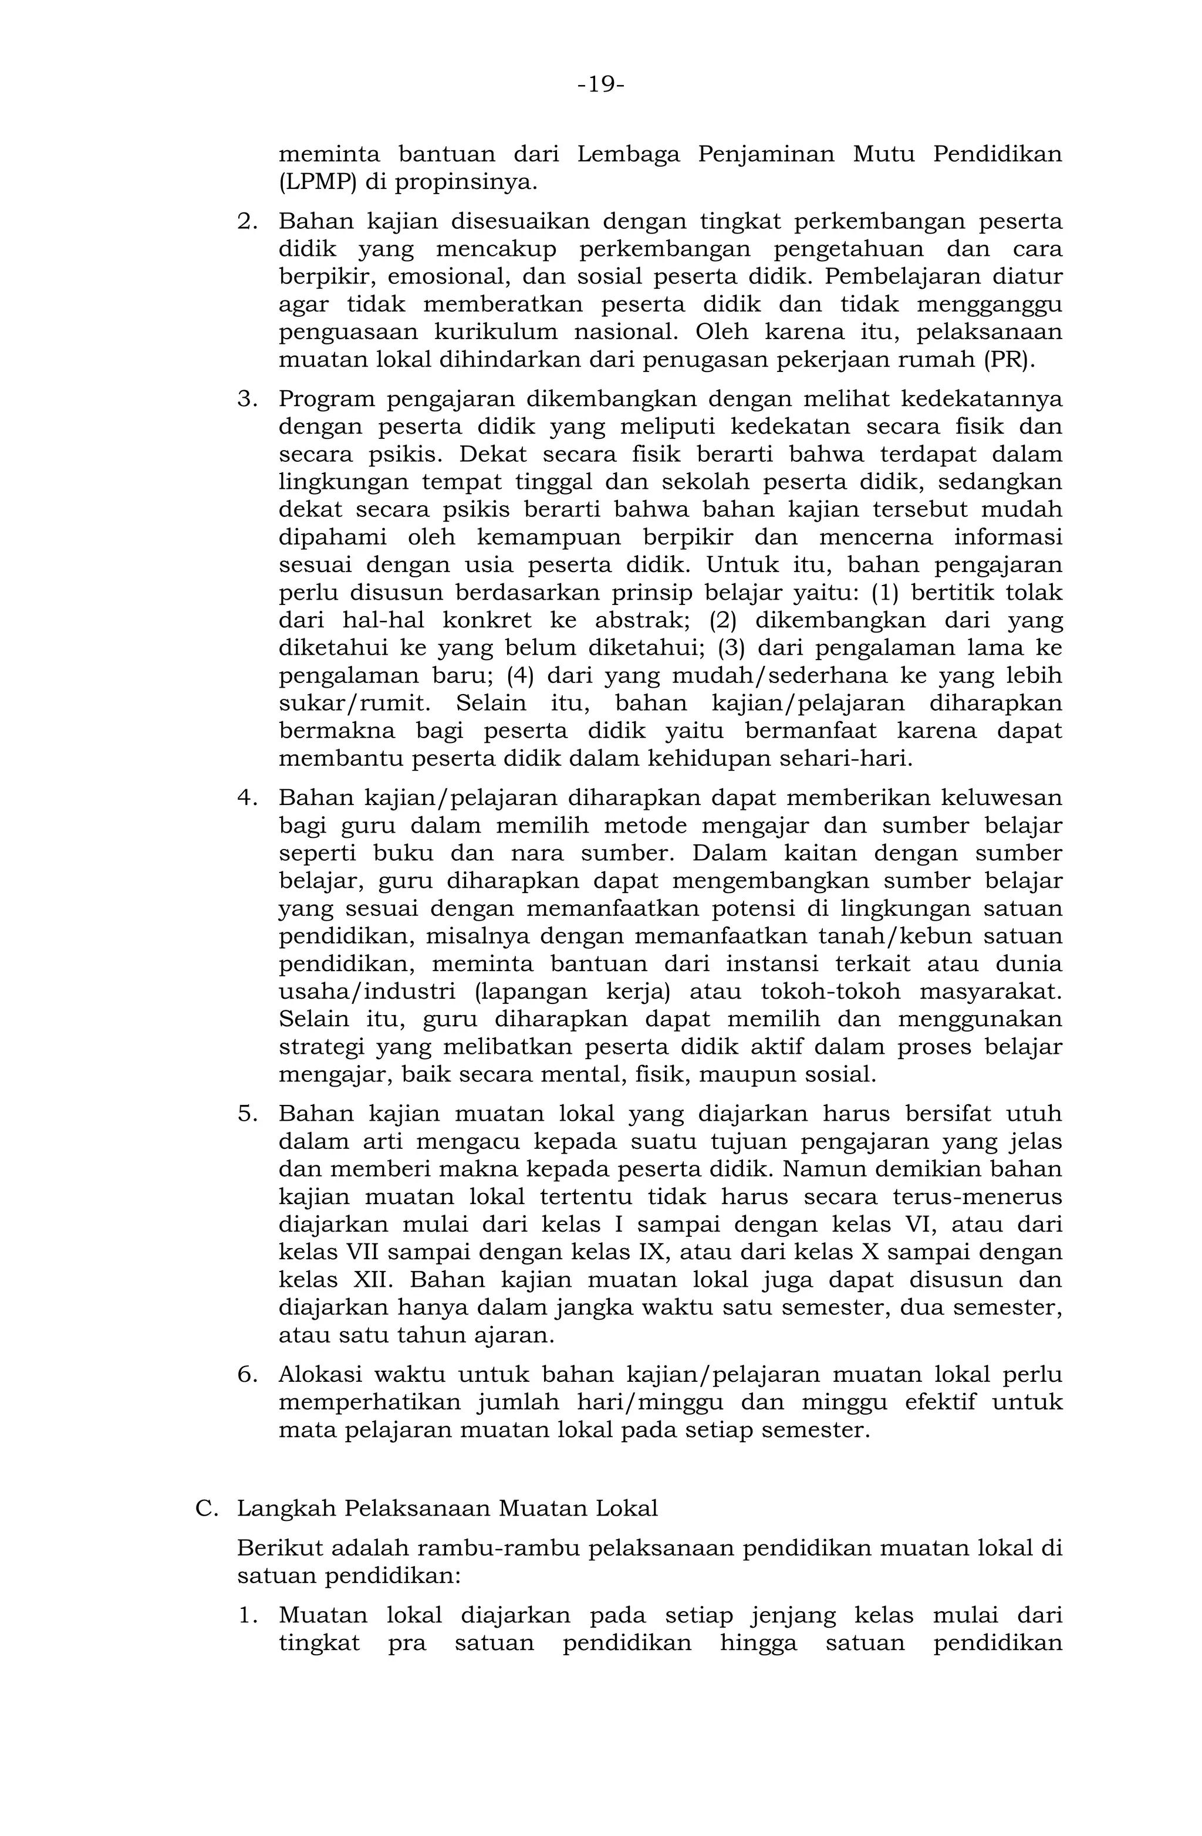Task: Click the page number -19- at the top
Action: click(x=600, y=84)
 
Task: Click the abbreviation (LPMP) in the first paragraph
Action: click(x=318, y=183)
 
